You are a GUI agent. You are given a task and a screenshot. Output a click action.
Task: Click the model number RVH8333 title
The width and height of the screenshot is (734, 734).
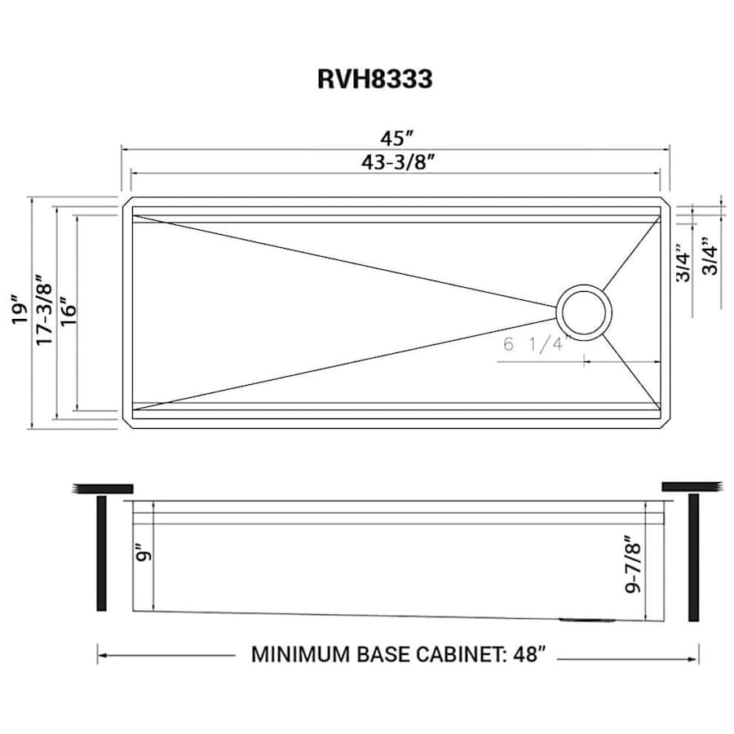374,80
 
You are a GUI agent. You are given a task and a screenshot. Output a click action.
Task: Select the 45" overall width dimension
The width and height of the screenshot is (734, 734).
396,136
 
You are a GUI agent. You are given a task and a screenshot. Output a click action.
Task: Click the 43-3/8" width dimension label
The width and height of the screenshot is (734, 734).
396,162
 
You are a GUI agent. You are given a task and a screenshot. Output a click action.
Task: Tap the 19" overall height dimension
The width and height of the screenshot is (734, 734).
18,310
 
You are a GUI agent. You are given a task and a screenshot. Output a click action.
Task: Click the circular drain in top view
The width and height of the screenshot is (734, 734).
583,312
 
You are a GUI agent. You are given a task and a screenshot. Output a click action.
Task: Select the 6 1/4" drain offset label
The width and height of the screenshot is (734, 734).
534,344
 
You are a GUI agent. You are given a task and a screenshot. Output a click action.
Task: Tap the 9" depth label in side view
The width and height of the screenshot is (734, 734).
145,556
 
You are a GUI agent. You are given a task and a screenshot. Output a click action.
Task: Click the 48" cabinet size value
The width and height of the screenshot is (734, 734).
525,654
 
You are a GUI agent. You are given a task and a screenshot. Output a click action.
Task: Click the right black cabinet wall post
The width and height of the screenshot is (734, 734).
694,555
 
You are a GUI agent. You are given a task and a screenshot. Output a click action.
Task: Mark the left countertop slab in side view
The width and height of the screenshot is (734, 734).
103,488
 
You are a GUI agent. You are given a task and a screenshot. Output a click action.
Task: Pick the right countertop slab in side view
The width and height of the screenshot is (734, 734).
693,487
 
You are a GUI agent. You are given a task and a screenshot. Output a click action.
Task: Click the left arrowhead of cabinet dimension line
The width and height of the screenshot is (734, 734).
101,653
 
